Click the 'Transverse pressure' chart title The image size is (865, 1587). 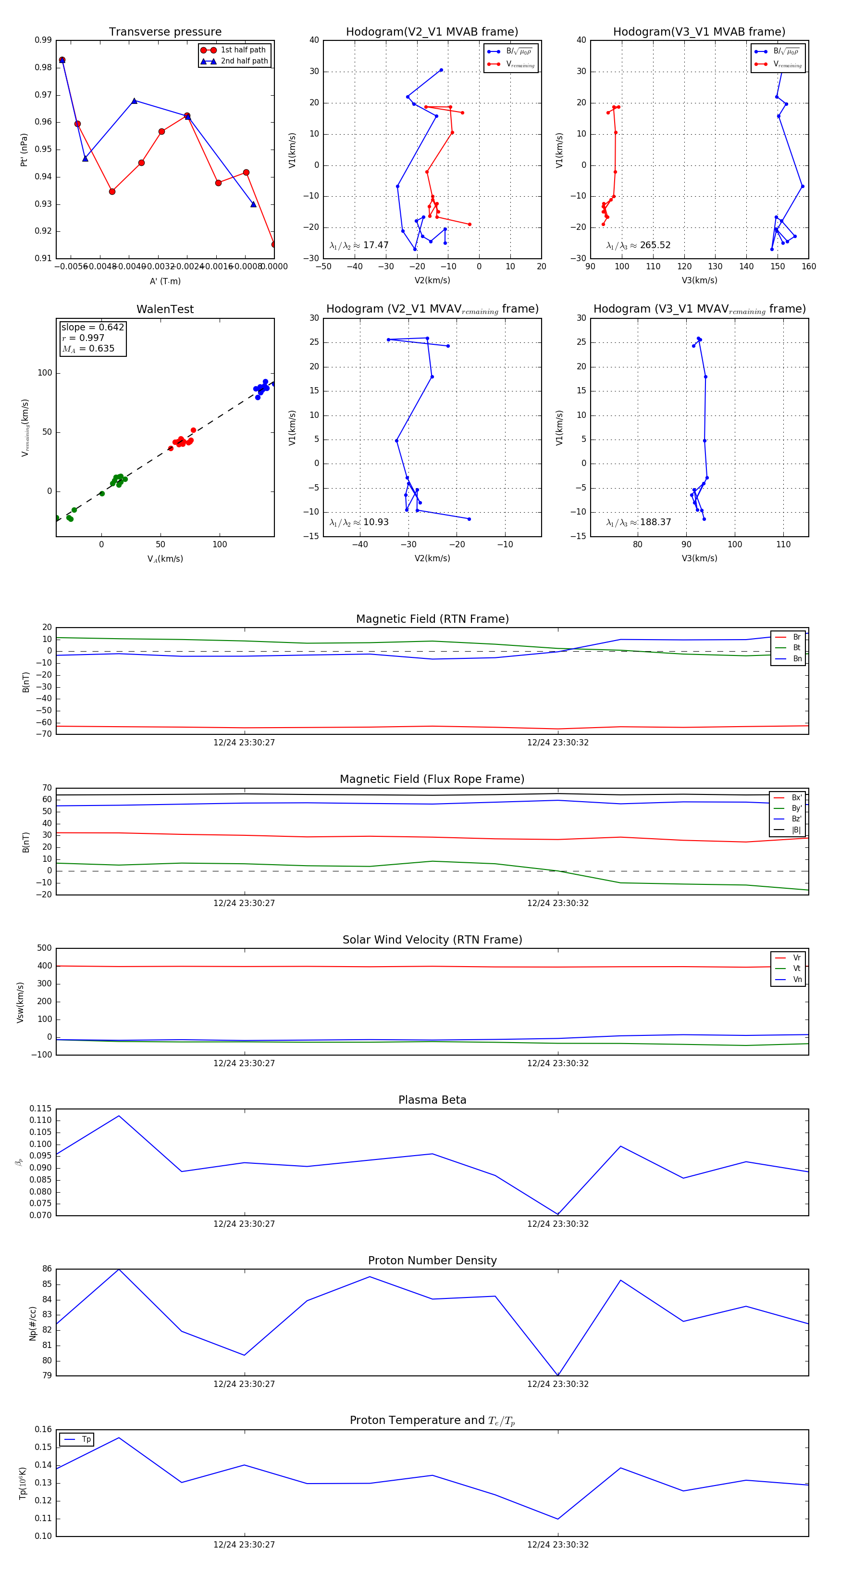tap(165, 32)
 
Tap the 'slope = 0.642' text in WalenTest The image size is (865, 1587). tap(92, 327)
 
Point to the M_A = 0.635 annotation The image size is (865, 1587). tap(88, 349)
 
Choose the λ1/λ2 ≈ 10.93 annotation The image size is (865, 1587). tap(359, 522)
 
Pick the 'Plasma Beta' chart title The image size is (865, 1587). tap(432, 1100)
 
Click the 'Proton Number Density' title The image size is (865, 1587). tap(432, 1260)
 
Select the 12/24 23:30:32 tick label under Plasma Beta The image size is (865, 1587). tap(558, 1223)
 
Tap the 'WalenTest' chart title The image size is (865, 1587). tap(165, 309)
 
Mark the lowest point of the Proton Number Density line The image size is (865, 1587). tap(558, 1375)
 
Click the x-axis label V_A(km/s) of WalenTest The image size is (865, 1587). tap(165, 559)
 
